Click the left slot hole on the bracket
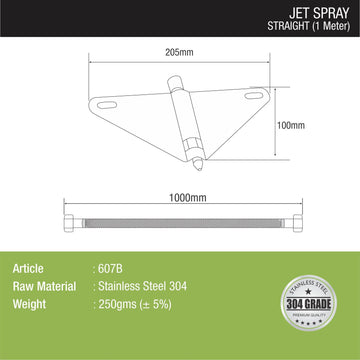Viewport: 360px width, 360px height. (x=109, y=105)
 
